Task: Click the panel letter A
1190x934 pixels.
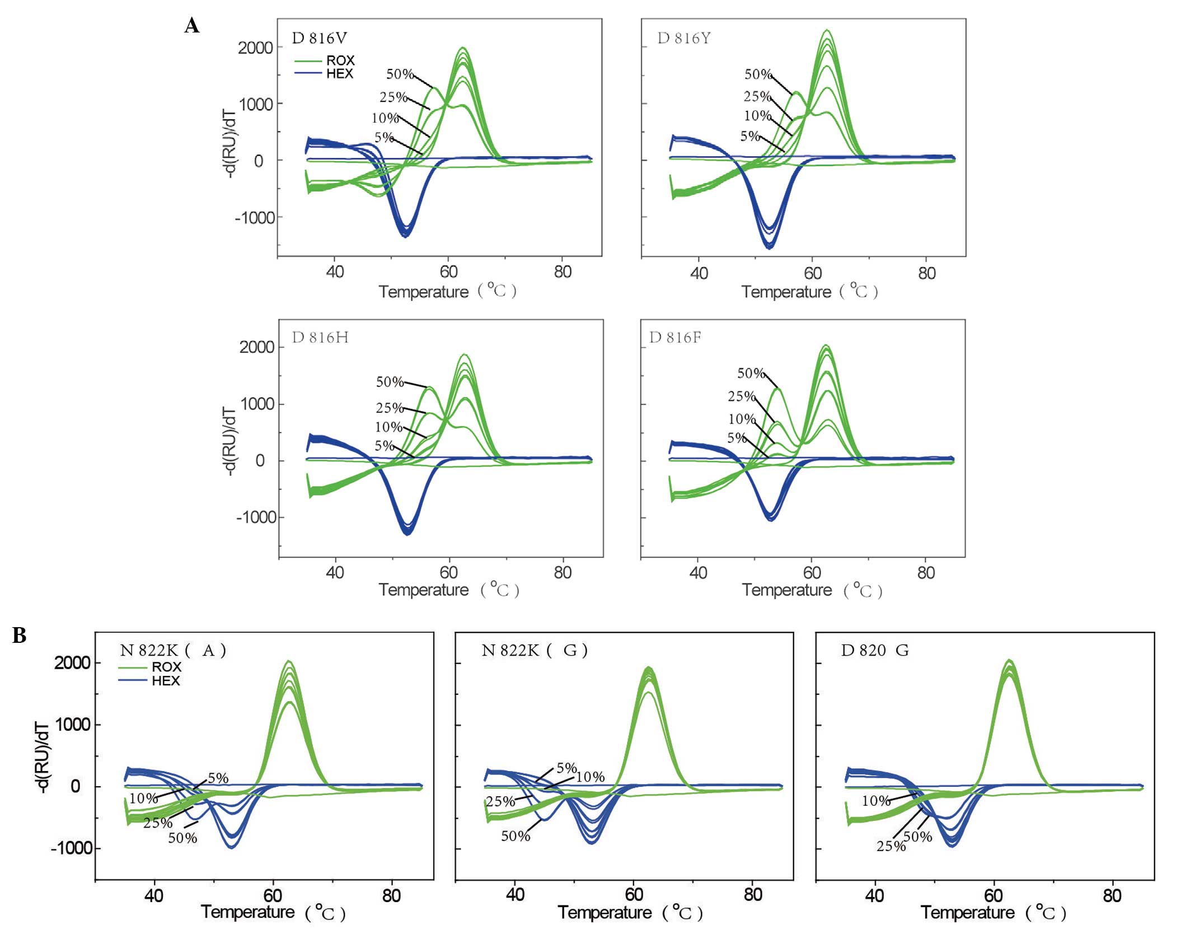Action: coord(191,26)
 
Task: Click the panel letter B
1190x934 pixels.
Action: coord(19,636)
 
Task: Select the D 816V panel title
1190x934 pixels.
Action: coord(320,38)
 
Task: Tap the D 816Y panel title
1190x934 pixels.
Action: coord(683,38)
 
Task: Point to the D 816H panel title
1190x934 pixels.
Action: coord(320,337)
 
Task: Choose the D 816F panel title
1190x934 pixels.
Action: coord(675,337)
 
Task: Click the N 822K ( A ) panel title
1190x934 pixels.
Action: coord(172,650)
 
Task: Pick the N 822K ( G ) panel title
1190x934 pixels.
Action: coord(534,650)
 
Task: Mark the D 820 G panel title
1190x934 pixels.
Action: coord(874,650)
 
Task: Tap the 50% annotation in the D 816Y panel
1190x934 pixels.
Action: coord(758,74)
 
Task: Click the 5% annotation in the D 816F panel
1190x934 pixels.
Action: coord(736,438)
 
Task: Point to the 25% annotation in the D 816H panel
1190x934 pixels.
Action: coord(390,408)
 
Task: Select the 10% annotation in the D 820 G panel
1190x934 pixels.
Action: coord(876,801)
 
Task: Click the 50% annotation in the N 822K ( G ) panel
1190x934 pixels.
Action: coord(516,836)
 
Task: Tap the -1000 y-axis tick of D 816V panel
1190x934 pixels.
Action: coord(255,217)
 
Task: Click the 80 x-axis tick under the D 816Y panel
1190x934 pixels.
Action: coord(927,273)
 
